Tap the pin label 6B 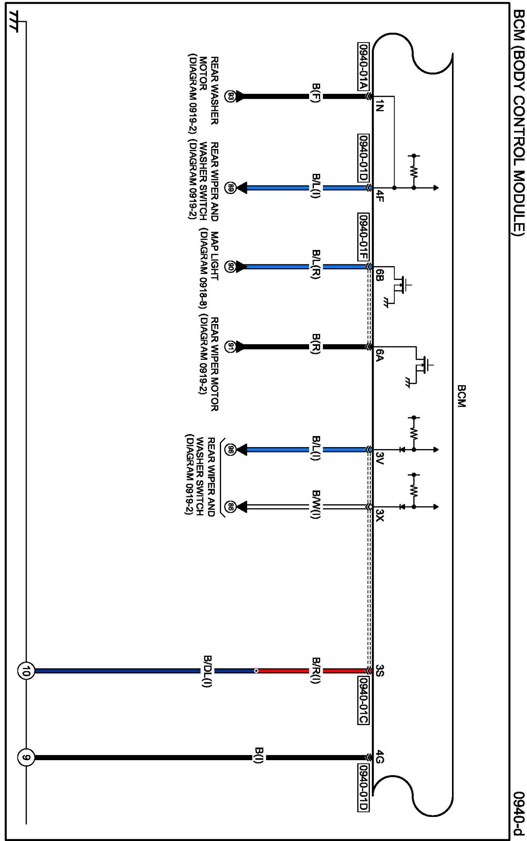pyautogui.click(x=379, y=275)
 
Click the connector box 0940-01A pyautogui.click(x=363, y=67)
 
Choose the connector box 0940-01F pyautogui.click(x=363, y=237)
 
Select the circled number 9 pyautogui.click(x=25, y=758)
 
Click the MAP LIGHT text pyautogui.click(x=214, y=255)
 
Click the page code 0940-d pyautogui.click(x=519, y=812)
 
